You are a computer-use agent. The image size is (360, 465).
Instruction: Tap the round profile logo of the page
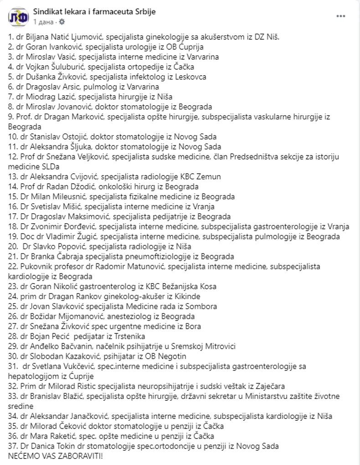(16, 16)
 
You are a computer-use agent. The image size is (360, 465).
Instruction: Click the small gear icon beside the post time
(62, 21)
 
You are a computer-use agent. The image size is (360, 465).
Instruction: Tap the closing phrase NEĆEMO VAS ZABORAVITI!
(56, 455)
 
